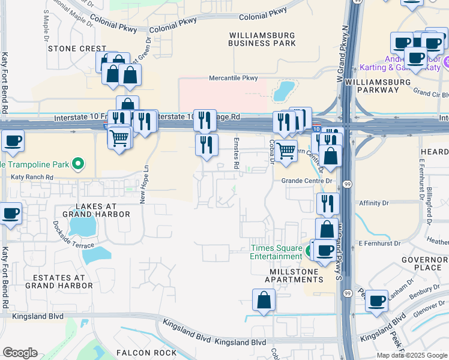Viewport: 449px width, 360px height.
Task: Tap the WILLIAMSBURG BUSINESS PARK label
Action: pyautogui.click(x=262, y=39)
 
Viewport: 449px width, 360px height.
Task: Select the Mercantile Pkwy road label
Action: pyautogui.click(x=233, y=78)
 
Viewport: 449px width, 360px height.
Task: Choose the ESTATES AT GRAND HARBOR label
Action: pyautogui.click(x=59, y=281)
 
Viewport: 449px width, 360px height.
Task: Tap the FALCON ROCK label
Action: pyautogui.click(x=146, y=352)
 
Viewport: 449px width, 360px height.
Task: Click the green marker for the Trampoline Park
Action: pyautogui.click(x=77, y=163)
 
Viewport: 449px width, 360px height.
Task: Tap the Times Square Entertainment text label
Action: pyautogui.click(x=276, y=252)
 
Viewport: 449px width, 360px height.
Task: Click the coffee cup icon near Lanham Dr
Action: pyautogui.click(x=377, y=301)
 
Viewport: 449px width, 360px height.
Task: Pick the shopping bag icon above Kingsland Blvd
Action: pyautogui.click(x=264, y=299)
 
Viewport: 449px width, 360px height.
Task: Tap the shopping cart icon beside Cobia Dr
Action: pyautogui.click(x=286, y=149)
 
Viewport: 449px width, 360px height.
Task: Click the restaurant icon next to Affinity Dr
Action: pyautogui.click(x=328, y=203)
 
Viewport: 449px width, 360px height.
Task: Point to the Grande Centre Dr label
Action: pyautogui.click(x=307, y=181)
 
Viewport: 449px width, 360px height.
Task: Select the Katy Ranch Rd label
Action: pyautogui.click(x=32, y=178)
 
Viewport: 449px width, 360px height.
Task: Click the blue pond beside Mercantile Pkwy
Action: pyautogui.click(x=283, y=91)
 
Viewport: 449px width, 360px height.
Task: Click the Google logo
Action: pyautogui.click(x=20, y=353)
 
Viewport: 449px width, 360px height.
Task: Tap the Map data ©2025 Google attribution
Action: pyautogui.click(x=411, y=355)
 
